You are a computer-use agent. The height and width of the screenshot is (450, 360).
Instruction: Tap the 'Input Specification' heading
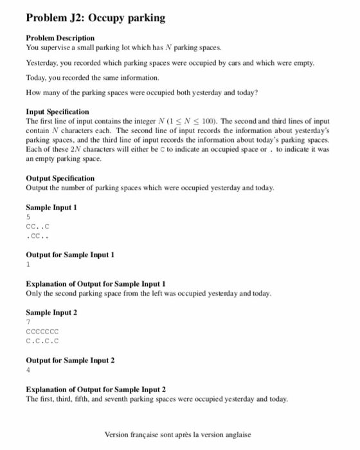(x=57, y=112)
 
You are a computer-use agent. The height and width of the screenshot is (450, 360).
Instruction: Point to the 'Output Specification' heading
(x=60, y=178)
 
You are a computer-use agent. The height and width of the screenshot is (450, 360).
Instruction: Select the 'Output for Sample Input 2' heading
(x=69, y=359)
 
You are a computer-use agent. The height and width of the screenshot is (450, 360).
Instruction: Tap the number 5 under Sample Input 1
(x=28, y=217)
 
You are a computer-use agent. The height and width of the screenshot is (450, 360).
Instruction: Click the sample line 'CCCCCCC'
(x=42, y=332)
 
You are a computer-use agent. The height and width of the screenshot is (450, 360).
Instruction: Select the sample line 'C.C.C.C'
(x=42, y=341)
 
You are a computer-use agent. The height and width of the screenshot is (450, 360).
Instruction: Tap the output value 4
(x=28, y=370)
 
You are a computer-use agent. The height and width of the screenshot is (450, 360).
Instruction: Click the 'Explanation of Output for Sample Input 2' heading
(x=96, y=390)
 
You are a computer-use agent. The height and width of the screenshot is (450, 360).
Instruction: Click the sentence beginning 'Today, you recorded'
(x=92, y=78)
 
